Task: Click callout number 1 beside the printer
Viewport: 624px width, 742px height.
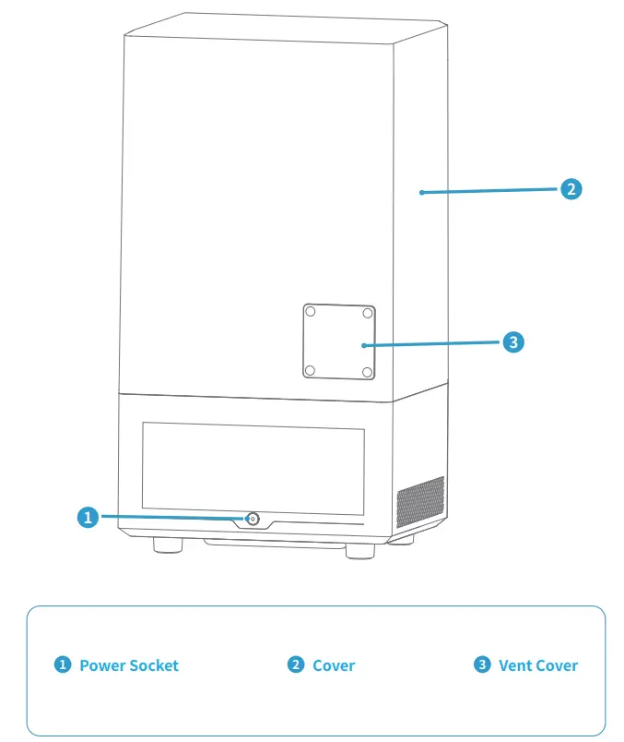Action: coord(88,517)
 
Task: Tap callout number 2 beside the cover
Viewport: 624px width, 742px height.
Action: coord(571,189)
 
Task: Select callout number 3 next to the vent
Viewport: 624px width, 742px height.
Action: coord(514,342)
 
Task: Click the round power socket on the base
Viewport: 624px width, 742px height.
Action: coord(252,519)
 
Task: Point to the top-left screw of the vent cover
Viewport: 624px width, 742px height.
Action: coord(311,313)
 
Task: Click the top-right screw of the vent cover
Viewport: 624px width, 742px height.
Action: coord(368,313)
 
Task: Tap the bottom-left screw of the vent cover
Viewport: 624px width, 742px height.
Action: coord(311,371)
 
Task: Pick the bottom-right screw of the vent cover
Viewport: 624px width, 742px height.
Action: coord(368,371)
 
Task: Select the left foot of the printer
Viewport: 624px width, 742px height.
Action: coord(166,546)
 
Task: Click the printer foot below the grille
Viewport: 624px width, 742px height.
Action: coord(403,541)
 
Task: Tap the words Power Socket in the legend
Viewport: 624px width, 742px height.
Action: coord(129,665)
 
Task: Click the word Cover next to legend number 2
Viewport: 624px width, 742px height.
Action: coord(334,665)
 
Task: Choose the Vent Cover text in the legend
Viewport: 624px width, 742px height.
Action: coord(538,665)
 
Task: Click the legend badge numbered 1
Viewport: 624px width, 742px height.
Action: coord(63,664)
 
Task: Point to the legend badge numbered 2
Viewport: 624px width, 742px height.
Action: coord(296,664)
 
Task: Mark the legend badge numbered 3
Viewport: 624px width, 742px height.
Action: coord(482,664)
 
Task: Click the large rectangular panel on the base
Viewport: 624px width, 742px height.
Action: coord(253,467)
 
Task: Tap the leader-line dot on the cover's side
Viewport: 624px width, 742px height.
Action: coord(420,193)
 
